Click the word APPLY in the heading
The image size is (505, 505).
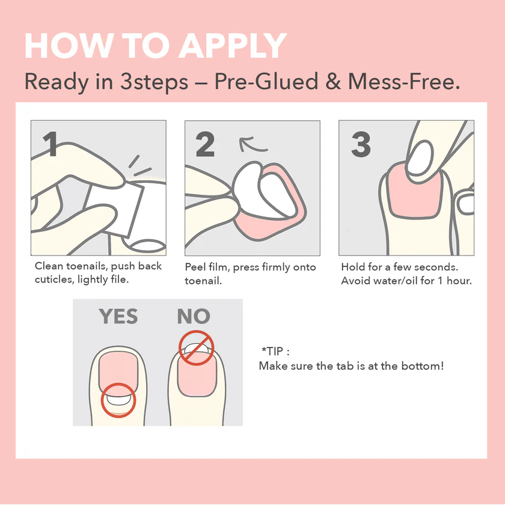(233, 46)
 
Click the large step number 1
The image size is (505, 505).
(50, 144)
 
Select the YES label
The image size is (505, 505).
(118, 316)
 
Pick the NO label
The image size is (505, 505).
(194, 316)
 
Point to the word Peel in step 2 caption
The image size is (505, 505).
(195, 267)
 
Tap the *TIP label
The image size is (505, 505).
(272, 351)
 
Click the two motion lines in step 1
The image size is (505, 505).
(139, 166)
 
